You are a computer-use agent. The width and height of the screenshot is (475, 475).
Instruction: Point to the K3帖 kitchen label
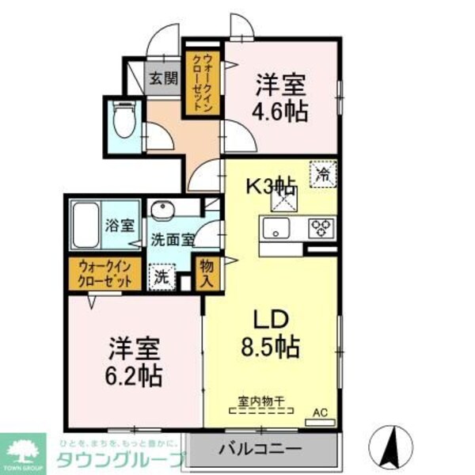click(x=270, y=187)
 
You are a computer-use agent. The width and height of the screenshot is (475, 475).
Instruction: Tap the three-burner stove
click(x=320, y=228)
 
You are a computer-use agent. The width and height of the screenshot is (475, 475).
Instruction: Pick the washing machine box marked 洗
click(x=161, y=278)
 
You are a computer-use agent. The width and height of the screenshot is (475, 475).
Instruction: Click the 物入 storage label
click(x=207, y=272)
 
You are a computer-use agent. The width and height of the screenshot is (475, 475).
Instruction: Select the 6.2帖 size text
click(x=135, y=374)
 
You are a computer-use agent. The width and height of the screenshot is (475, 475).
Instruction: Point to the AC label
click(x=320, y=412)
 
